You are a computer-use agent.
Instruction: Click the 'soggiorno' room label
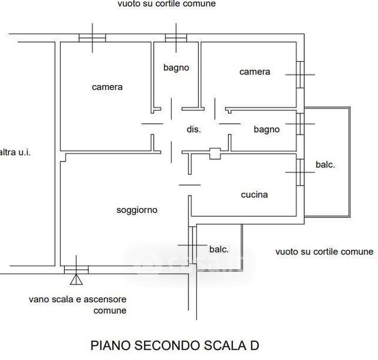[137, 210]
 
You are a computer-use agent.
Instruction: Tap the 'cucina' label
[254, 194]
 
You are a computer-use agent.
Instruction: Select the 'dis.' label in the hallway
[193, 129]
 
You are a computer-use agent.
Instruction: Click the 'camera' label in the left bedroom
[107, 87]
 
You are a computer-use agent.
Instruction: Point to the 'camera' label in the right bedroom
[254, 72]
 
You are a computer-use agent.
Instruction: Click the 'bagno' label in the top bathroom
[176, 68]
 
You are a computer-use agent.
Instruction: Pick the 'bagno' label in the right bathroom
[266, 129]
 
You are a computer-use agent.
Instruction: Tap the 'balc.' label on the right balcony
[325, 165]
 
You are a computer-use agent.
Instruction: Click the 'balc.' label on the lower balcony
[218, 249]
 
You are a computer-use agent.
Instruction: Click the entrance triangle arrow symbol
[76, 279]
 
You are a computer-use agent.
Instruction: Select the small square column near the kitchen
[215, 153]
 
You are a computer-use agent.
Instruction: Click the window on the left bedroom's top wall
[92, 38]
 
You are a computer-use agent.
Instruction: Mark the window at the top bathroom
[176, 38]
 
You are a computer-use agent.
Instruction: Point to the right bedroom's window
[300, 74]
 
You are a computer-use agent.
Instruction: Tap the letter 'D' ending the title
[254, 346]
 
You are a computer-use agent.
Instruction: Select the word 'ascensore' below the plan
[107, 299]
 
